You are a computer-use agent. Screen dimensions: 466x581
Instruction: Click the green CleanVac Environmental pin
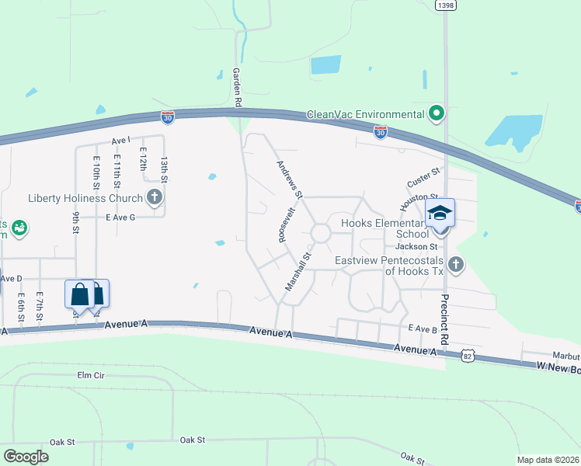pyautogui.click(x=437, y=114)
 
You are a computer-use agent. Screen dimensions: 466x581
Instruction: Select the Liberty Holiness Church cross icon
pyautogui.click(x=155, y=197)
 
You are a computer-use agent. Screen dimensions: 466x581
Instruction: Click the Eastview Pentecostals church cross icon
pyautogui.click(x=456, y=265)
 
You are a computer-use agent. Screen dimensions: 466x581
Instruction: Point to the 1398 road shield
pyautogui.click(x=446, y=5)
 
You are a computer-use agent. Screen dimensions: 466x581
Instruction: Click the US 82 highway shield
pyautogui.click(x=466, y=355)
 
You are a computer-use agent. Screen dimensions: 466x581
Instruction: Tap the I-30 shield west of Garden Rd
pyautogui.click(x=168, y=116)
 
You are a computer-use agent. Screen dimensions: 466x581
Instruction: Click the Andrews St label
pyautogui.click(x=290, y=179)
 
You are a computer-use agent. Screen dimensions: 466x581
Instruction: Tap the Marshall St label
pyautogui.click(x=297, y=271)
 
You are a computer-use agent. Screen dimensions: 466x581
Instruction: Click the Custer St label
pyautogui.click(x=424, y=177)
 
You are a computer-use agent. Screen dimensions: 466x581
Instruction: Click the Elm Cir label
pyautogui.click(x=91, y=375)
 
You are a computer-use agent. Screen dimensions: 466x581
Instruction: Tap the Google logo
pyautogui.click(x=26, y=456)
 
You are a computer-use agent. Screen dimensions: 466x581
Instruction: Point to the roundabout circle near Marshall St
pyautogui.click(x=320, y=233)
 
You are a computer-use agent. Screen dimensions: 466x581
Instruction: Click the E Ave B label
pyautogui.click(x=423, y=329)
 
